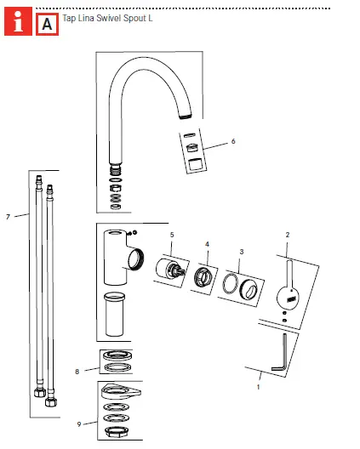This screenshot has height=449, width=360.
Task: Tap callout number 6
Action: [232, 141]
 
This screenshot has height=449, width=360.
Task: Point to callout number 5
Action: [171, 234]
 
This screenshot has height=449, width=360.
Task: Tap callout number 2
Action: [288, 234]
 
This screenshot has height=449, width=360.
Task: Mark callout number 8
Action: [77, 371]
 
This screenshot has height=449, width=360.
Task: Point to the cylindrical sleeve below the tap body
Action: [114, 315]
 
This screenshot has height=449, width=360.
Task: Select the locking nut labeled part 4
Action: [204, 277]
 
